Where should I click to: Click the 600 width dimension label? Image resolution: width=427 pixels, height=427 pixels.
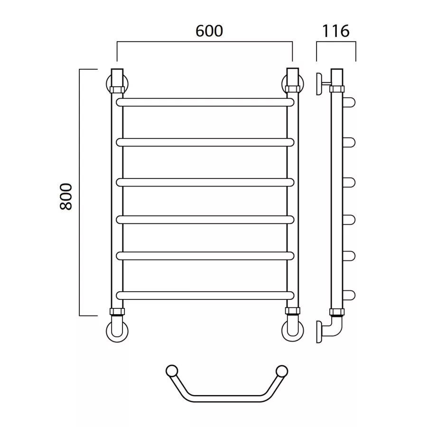click(209, 31)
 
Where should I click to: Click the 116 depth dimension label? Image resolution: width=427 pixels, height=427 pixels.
click(335, 31)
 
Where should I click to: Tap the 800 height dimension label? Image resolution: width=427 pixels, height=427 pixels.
click(66, 196)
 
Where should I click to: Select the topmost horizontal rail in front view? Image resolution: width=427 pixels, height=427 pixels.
click(205, 102)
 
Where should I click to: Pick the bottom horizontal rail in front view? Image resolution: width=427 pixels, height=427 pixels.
click(205, 296)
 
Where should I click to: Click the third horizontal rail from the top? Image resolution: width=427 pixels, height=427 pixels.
click(205, 182)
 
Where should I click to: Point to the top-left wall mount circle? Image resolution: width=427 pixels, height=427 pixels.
click(107, 84)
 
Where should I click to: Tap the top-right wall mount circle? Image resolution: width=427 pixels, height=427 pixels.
click(302, 84)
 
